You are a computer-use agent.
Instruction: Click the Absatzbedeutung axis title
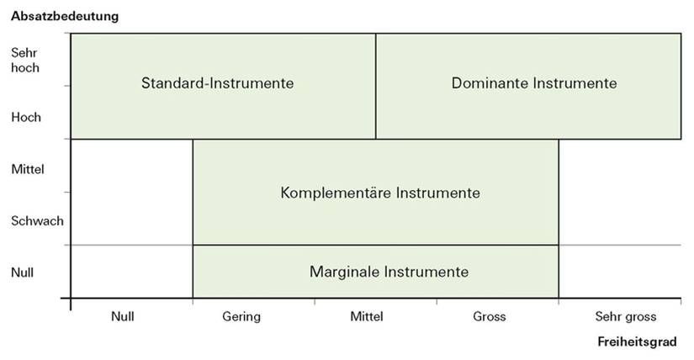pos(65,16)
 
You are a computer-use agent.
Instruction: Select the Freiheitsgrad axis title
pos(637,341)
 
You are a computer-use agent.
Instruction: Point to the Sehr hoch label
pos(25,61)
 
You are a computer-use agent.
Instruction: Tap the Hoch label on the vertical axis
pos(26,118)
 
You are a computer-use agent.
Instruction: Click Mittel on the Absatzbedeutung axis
pos(28,169)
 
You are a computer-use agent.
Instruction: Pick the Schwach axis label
pos(37,221)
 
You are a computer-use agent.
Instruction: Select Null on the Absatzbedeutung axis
pos(22,273)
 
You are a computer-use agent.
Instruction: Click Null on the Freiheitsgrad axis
pos(123,316)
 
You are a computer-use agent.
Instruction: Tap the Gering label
pos(241,317)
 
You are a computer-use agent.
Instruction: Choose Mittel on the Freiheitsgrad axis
pos(367,316)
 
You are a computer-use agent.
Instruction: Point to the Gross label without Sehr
pos(489,316)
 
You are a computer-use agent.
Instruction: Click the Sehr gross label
pos(625,317)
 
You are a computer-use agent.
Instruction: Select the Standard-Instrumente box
pos(224,86)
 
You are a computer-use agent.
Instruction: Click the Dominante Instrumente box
pos(528,86)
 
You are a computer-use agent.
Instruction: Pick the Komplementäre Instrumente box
pos(376,192)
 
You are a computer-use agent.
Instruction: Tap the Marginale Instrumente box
pos(376,272)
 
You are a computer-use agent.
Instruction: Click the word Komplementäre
pos(336,193)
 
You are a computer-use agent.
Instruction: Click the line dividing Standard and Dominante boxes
pos(376,86)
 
